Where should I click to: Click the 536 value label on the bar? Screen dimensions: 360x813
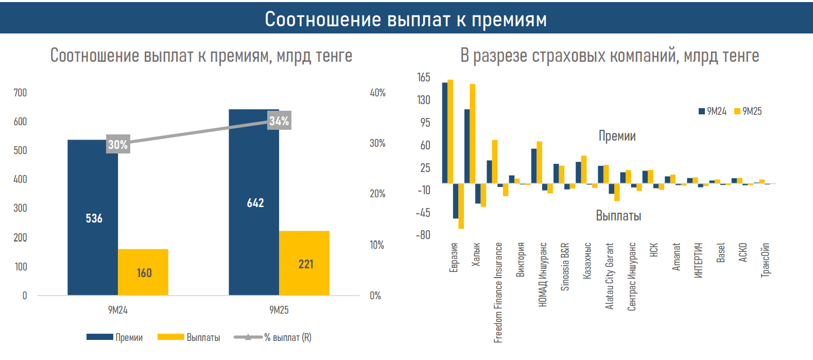[94, 218]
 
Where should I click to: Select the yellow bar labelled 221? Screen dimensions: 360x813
[304, 263]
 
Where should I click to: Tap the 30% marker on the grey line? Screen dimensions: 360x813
[118, 145]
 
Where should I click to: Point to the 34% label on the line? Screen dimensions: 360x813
[279, 121]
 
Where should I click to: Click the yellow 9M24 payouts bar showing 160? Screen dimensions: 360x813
[143, 272]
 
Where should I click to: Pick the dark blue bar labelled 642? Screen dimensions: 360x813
[254, 202]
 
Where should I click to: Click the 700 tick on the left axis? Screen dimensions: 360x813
[20, 93]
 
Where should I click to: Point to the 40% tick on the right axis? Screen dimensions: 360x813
[377, 93]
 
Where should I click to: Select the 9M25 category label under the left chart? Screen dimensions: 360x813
[279, 310]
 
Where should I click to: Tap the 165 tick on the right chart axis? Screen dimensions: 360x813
[423, 77]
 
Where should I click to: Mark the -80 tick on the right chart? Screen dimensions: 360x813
[423, 235]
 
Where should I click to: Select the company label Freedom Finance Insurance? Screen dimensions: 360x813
[498, 292]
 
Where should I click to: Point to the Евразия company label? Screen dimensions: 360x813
[454, 257]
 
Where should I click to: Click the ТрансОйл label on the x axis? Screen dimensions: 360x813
[766, 260]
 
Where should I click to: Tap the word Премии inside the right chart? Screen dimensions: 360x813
[617, 136]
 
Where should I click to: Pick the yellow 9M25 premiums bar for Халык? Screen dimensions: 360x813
[473, 133]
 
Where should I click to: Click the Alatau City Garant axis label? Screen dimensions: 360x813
[610, 276]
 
